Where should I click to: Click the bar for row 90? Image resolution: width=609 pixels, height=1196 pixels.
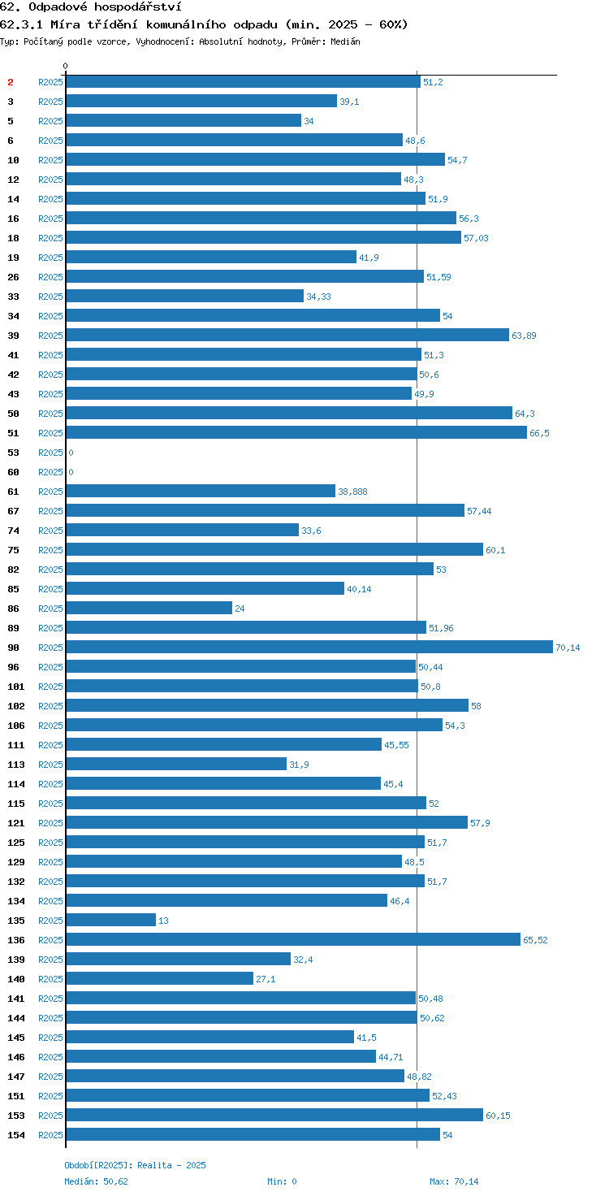pos(309,647)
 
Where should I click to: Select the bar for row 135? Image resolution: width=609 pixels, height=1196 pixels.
pos(111,920)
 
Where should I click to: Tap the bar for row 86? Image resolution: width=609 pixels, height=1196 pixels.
pos(149,608)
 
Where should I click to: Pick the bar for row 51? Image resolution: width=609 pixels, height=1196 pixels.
pos(296,432)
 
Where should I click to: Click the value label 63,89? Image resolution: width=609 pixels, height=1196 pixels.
pos(524,336)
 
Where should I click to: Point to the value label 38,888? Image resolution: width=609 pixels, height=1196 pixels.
pos(352,492)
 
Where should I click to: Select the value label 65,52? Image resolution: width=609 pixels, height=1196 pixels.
pos(535,940)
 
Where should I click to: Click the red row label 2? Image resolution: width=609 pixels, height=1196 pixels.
pos(10,82)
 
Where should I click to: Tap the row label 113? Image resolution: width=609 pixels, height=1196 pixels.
pos(16,765)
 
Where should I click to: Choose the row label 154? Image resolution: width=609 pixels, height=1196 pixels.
pos(16,1134)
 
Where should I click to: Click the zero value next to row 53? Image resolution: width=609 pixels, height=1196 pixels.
pos(71,453)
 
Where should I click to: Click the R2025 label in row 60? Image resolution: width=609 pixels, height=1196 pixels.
pos(50,472)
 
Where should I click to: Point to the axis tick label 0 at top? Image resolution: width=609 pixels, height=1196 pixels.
pos(65,66)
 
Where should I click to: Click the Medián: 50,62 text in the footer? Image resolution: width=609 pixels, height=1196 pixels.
pos(96,1181)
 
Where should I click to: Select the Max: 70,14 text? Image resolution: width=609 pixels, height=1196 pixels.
pos(454,1181)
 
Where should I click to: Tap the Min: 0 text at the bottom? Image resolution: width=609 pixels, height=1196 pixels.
pos(282,1181)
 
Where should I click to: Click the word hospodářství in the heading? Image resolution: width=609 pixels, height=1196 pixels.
pos(138,7)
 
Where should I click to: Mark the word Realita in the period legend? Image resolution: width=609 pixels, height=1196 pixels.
pos(155,1165)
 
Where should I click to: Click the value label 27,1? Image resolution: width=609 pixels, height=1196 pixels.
pos(266,979)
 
